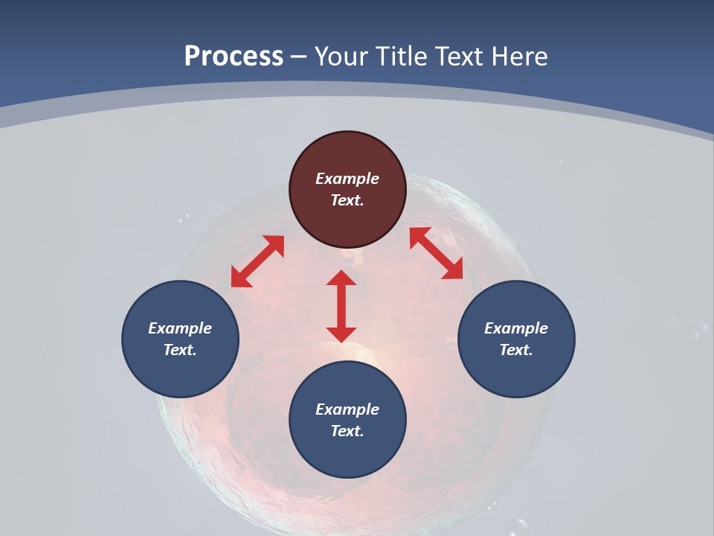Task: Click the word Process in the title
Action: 234,57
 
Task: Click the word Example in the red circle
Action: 347,179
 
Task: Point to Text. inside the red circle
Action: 347,200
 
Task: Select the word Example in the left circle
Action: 180,328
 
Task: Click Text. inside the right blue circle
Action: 516,350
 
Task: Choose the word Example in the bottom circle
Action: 347,409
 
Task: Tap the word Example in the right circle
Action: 516,328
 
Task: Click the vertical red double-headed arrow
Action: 341,306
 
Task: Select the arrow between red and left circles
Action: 257,261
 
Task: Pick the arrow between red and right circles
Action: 436,253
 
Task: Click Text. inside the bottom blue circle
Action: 347,431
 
